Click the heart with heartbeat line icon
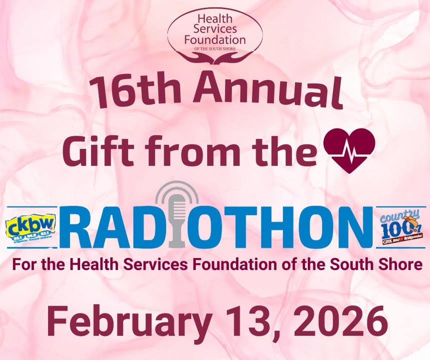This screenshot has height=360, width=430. pos(349,149)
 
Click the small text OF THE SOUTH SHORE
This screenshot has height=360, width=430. pos(215,49)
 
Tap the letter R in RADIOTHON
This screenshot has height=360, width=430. pos(79,227)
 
